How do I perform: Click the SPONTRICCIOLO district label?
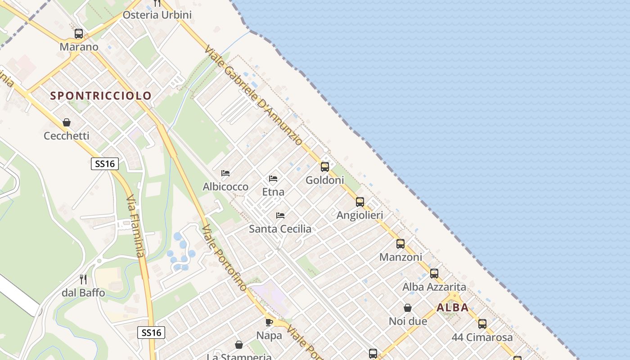click(x=101, y=96)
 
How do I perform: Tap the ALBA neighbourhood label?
click(x=452, y=308)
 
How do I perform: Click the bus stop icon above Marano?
click(x=79, y=34)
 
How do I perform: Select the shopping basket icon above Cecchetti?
click(x=67, y=122)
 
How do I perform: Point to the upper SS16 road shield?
click(x=105, y=164)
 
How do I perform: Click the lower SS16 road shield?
click(x=151, y=333)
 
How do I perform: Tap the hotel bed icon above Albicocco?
click(x=225, y=173)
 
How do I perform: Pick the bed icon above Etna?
click(x=273, y=179)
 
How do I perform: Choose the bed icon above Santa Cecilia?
click(x=280, y=216)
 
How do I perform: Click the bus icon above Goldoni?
click(x=325, y=167)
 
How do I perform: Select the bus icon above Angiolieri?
click(x=360, y=202)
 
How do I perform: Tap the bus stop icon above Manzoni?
click(x=400, y=244)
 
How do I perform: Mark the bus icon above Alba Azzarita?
click(x=434, y=274)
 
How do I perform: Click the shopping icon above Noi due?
click(x=408, y=308)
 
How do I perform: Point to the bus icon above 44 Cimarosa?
click(x=482, y=324)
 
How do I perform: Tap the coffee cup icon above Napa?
click(x=269, y=322)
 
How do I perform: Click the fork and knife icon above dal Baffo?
click(x=83, y=279)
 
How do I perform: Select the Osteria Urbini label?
click(x=157, y=15)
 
